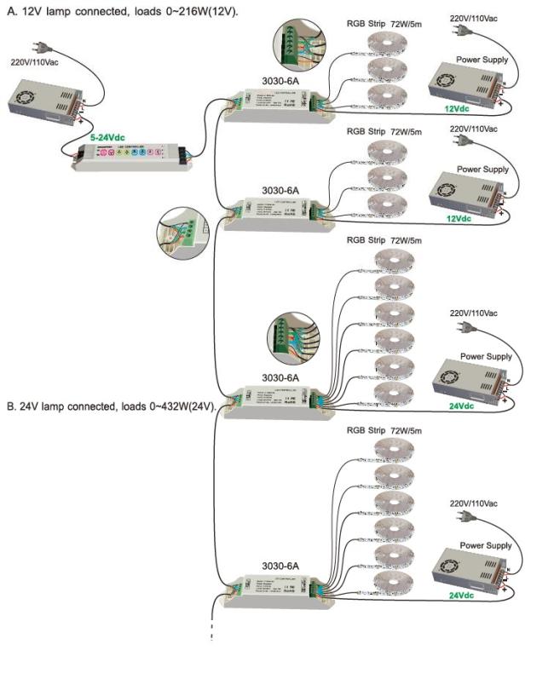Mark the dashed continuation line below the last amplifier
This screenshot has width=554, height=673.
tap(211, 626)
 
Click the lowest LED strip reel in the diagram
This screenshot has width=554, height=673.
tap(394, 582)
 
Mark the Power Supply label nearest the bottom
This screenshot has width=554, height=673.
tap(487, 545)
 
